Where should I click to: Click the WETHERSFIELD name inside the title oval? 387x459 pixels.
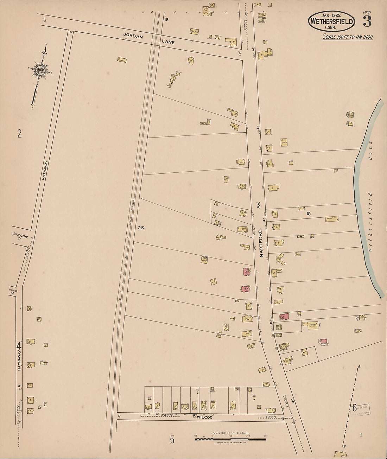[331, 21]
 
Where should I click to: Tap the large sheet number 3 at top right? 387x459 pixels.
[367, 22]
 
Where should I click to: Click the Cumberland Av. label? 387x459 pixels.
[20, 237]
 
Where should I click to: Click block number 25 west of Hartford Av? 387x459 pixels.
[141, 228]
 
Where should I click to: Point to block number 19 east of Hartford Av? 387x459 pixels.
[308, 213]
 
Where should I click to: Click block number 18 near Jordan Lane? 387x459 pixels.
[166, 20]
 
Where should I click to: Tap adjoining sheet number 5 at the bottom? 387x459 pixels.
[172, 440]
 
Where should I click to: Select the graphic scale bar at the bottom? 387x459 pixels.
[230, 439]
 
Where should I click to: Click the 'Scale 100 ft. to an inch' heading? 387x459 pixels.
[348, 37]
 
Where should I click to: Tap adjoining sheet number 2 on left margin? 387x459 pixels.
[19, 134]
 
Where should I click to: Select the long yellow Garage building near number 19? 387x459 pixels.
[331, 219]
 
